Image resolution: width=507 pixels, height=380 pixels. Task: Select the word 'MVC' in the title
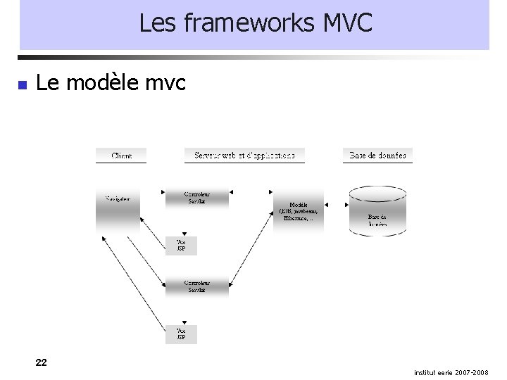347,24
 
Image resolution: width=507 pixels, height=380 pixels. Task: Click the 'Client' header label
121,156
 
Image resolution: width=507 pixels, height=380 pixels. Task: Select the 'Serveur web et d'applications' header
244,155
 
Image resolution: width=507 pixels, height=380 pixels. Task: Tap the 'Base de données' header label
377,155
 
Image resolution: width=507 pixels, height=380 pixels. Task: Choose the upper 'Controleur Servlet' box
196,198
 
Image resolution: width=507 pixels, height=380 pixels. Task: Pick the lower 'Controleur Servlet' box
196,287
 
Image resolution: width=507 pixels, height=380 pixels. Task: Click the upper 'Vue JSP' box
181,246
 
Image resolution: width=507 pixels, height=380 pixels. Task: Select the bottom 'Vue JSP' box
181,334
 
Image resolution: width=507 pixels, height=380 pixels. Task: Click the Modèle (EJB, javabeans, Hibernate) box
299,210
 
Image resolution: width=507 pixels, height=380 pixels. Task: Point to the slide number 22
42,362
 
